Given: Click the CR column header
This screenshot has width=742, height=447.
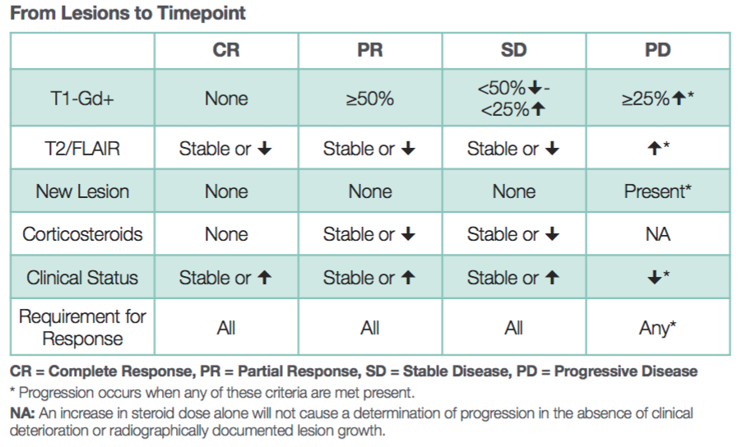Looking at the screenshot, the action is point(226,50).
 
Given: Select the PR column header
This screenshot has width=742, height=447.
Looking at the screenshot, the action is point(370,50).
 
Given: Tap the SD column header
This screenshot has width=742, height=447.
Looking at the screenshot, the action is point(514,50).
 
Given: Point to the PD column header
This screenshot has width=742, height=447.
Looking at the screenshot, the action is point(658,50).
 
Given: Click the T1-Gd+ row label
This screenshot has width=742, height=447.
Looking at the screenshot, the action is point(82,99).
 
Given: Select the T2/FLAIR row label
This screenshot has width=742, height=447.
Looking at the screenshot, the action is point(82,149).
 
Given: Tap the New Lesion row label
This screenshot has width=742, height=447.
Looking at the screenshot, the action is point(82,191).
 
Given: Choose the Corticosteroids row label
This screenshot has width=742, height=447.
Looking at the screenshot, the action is point(82,234).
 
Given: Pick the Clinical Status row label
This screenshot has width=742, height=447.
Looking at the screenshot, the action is point(82,278).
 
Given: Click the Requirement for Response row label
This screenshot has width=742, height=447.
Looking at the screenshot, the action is point(82,328).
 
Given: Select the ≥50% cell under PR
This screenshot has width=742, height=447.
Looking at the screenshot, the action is point(370,99).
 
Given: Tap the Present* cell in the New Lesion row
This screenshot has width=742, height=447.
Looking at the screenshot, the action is point(658,191).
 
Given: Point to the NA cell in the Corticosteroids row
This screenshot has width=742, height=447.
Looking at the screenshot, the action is point(658,234).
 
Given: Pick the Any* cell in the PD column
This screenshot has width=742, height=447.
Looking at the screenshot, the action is point(658,328).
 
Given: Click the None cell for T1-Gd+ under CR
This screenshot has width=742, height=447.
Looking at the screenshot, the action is point(226,99).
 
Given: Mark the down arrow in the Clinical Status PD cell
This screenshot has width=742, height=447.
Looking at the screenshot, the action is point(655,278).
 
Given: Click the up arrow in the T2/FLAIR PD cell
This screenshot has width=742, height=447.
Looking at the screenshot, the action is point(655,149).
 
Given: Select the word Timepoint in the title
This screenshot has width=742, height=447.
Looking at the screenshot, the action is point(202,13).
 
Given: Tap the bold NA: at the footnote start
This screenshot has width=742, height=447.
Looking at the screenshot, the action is point(22,413).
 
